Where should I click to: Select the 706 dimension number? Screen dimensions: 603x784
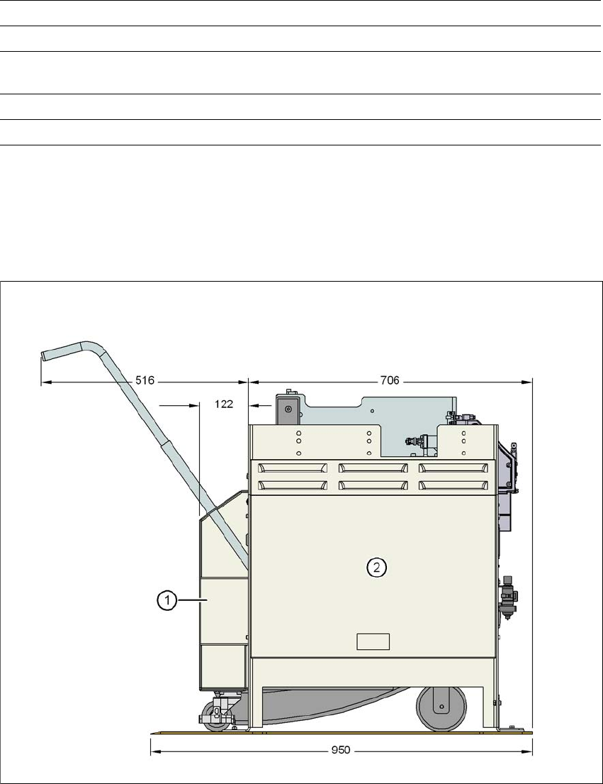click(x=390, y=381)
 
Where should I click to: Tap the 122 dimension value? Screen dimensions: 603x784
click(x=224, y=404)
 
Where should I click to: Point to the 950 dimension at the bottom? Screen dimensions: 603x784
click(x=341, y=751)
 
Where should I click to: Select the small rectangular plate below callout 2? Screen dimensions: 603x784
click(x=373, y=641)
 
